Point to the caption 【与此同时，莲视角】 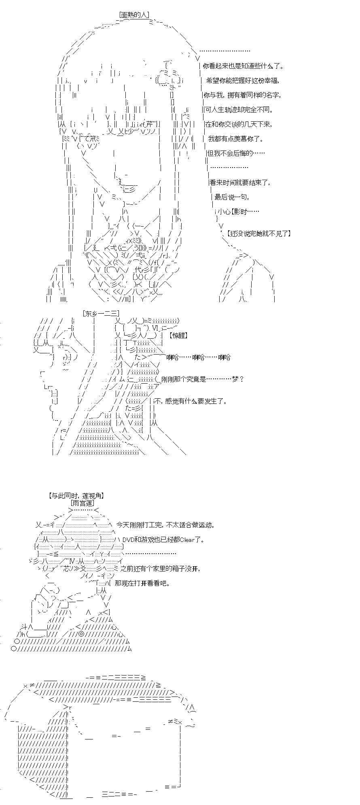coord(76,495)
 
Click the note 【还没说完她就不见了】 coord(258,234)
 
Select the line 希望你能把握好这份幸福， coord(243,81)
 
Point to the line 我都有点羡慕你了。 coord(236,139)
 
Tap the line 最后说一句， coord(232,197)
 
